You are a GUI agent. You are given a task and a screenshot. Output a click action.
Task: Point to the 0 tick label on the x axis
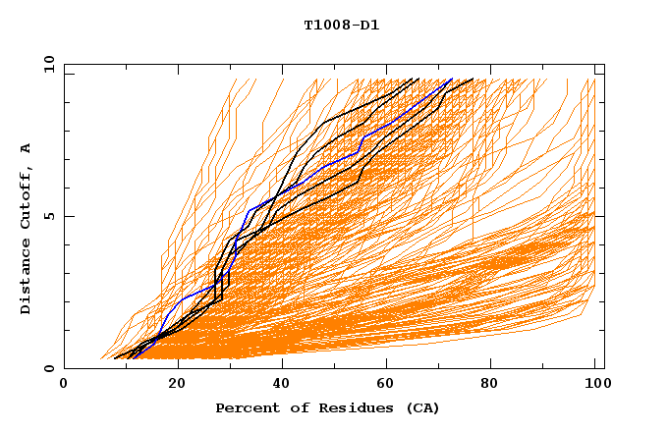64,384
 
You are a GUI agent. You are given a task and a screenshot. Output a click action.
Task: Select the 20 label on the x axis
178,384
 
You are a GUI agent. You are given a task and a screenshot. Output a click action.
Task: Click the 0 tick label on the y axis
47,368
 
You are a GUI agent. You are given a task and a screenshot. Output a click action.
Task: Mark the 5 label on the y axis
47,216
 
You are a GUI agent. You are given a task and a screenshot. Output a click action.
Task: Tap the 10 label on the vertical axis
47,64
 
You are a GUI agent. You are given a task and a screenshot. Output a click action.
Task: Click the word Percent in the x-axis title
243,407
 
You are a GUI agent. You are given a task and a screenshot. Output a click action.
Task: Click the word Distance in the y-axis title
27,282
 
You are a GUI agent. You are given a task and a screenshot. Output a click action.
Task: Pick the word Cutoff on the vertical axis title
27,203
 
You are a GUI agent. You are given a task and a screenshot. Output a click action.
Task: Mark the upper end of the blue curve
452,79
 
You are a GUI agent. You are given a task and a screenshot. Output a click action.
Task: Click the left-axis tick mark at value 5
68,216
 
